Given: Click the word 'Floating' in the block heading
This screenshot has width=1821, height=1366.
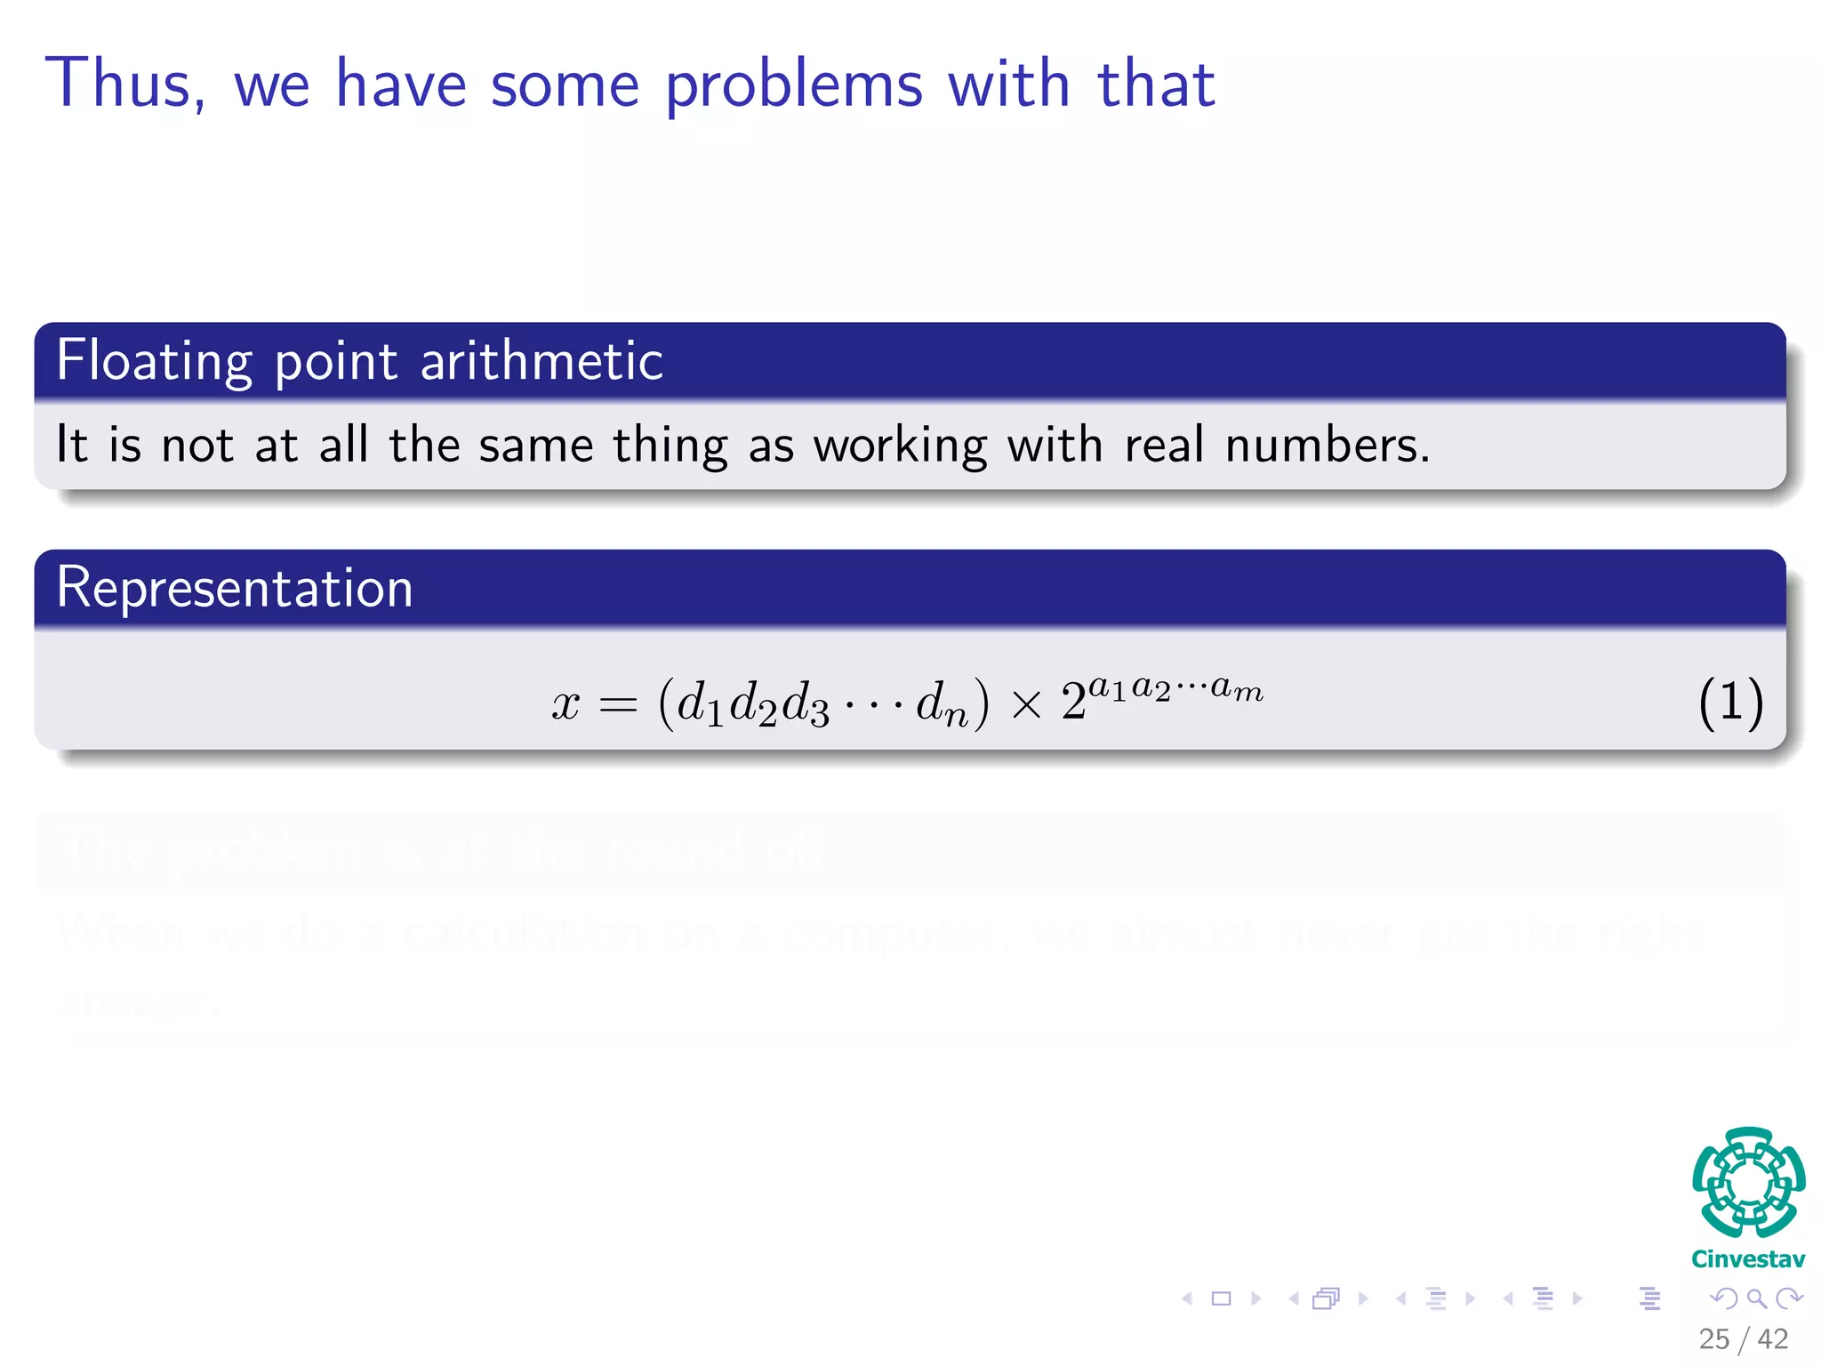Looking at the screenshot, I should pos(154,361).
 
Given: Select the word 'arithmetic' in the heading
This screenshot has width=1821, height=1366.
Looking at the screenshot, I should pos(541,361).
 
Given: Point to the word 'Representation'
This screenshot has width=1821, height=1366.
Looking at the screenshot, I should pos(235,588).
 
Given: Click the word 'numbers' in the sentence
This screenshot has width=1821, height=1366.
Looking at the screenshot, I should pos(1327,445).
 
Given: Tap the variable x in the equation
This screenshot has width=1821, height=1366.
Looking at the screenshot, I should pos(566,705).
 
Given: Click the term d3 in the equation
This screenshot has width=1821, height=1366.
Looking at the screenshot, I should pos(806,704).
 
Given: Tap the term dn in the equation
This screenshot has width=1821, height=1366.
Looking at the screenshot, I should pos(942,704).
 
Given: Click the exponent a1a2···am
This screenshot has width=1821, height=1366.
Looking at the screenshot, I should pos(1175,688).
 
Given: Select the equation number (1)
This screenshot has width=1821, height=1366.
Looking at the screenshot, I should pos(1730,703).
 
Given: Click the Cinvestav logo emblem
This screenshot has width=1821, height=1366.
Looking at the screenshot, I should pos(1748,1183).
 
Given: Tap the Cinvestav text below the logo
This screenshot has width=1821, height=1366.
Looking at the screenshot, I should pos(1748,1258).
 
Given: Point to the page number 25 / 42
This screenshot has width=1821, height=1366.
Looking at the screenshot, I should pos(1743,1338).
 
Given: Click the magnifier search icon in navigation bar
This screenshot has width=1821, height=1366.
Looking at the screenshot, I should pos(1756,1298).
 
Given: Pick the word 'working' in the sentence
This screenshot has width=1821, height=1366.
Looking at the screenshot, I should pos(900,446).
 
